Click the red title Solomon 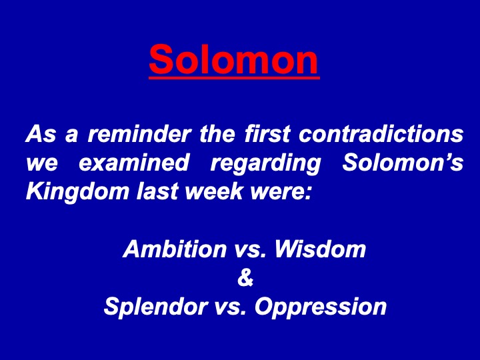[234, 59]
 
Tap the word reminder [139, 134]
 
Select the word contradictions [381, 134]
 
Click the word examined [134, 162]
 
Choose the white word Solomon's [403, 162]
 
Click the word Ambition [175, 249]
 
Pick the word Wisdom [320, 249]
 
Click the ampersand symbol [245, 277]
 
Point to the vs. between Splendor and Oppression [231, 307]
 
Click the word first [267, 134]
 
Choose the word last [157, 191]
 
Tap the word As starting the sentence [41, 134]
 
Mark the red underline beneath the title [234, 79]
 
